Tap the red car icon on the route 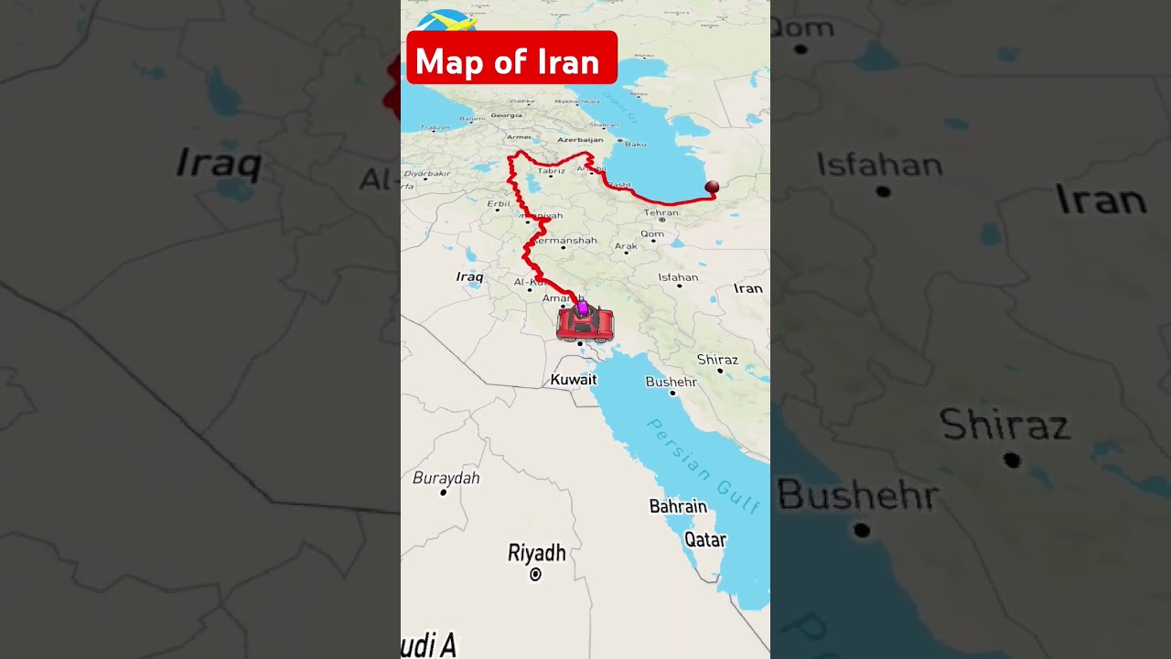pos(585,325)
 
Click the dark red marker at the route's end pos(712,187)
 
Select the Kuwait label pos(574,379)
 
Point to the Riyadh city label pos(536,553)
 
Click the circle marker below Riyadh pos(536,575)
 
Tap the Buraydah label pos(446,477)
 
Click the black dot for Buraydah pos(444,492)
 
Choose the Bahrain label pos(678,506)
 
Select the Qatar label pos(704,540)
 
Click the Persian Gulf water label pos(703,465)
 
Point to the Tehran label pos(661,212)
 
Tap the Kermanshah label pos(565,241)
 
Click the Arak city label pos(626,246)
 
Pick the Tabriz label pos(551,170)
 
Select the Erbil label pos(499,203)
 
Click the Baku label pos(635,144)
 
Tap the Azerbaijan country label pos(580,139)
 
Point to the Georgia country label pos(506,115)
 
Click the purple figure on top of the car pos(583,308)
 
